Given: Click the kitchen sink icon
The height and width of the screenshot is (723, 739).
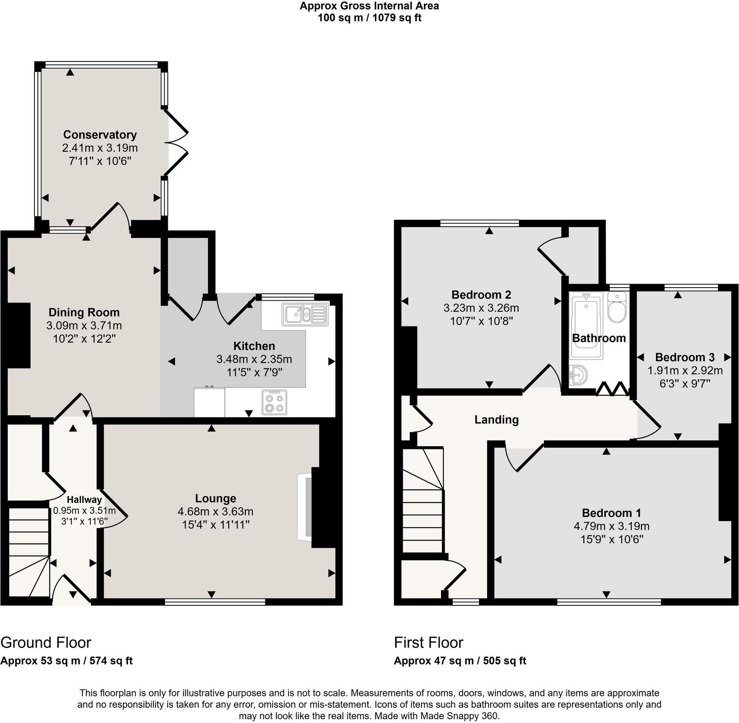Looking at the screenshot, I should (x=305, y=314).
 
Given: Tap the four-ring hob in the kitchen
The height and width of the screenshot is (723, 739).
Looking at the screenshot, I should (x=275, y=402).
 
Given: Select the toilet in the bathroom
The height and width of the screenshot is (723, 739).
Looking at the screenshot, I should (x=617, y=307).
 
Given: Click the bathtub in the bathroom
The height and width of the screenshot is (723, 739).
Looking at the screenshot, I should (x=586, y=325).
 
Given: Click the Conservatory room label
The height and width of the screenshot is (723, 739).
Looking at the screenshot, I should (x=100, y=135).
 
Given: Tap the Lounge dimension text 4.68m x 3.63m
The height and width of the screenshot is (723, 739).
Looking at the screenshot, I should (x=215, y=512).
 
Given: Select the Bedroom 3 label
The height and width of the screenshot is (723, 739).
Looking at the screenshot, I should (x=685, y=357).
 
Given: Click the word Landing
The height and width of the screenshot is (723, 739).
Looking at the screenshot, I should (x=496, y=420).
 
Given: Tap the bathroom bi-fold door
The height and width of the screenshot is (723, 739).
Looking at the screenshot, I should (x=612, y=389).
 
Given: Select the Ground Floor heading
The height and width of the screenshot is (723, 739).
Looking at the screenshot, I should (x=46, y=642).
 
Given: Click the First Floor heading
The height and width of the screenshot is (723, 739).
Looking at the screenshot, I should (x=428, y=642).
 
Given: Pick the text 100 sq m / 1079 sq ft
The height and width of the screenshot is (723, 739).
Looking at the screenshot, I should (x=369, y=18).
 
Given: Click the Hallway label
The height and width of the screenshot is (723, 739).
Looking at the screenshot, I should (x=84, y=500).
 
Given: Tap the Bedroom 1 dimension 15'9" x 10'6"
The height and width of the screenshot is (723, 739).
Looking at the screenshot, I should (x=611, y=539).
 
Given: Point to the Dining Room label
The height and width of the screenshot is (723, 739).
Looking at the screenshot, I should (x=84, y=312).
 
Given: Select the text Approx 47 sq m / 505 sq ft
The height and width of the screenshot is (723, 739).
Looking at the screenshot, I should (x=460, y=661).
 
